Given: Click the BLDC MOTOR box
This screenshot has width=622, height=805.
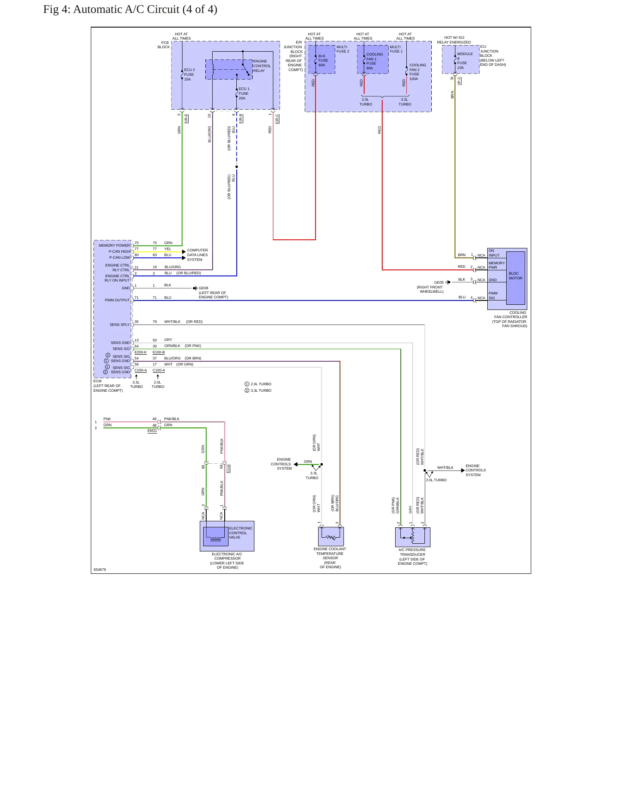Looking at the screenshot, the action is (516, 278).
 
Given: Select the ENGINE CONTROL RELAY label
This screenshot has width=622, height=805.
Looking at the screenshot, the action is (262, 66).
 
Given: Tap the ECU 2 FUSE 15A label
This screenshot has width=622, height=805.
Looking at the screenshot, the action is (189, 74).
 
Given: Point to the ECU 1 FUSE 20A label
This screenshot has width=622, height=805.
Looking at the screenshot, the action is (244, 93).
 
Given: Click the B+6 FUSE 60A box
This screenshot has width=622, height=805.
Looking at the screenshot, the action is (322, 59).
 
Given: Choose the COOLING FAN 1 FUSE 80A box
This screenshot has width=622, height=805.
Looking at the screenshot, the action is (373, 59).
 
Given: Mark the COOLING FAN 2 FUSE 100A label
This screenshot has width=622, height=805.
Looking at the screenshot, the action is (418, 72).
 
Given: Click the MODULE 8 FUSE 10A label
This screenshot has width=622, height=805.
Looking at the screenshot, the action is (465, 61).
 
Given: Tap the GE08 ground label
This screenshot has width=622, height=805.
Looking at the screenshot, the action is (203, 288).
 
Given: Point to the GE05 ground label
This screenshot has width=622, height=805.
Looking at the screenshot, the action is (439, 282).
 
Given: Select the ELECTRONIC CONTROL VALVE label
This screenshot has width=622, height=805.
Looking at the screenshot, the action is (241, 533).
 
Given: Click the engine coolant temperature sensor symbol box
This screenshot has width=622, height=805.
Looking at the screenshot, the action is (331, 536).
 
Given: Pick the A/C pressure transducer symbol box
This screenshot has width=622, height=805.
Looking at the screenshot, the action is (413, 537).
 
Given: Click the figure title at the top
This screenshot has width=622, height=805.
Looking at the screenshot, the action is (130, 9).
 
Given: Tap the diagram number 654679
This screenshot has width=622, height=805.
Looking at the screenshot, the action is (99, 570).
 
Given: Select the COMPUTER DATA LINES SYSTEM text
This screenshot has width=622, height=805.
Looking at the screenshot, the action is (197, 255).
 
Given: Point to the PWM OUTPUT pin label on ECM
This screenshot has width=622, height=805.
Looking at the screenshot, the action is (117, 300).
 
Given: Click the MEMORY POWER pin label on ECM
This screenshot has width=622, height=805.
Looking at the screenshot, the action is (114, 245).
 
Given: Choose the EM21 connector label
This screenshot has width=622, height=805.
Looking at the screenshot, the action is (152, 430).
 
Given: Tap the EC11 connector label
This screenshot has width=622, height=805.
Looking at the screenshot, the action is (228, 468).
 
